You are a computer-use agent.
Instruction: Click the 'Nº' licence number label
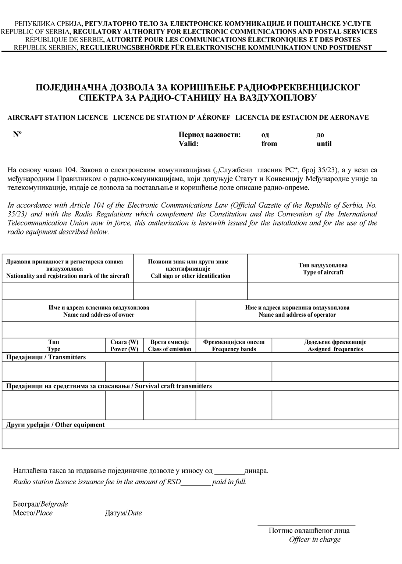pyautogui.click(x=17, y=134)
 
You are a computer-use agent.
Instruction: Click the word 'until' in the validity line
pyautogui.click(x=324, y=144)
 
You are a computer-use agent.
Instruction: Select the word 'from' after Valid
pyautogui.click(x=269, y=144)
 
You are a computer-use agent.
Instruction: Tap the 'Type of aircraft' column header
pyautogui.click(x=323, y=272)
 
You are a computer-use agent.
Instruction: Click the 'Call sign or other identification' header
pyautogui.click(x=191, y=276)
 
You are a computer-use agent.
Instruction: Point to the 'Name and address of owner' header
pyautogui.click(x=99, y=315)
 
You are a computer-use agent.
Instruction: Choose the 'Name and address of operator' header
pyautogui.click(x=297, y=315)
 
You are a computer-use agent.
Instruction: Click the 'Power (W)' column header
pyautogui.click(x=124, y=349)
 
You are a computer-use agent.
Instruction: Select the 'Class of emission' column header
pyautogui.click(x=170, y=349)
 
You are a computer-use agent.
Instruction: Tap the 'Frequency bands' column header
pyautogui.click(x=234, y=349)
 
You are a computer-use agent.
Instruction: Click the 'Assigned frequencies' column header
pyautogui.click(x=335, y=349)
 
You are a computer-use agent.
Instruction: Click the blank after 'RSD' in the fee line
pyautogui.click(x=196, y=482)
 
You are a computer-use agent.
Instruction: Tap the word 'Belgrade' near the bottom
pyautogui.click(x=54, y=504)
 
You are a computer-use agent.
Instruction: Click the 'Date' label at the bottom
pyautogui.click(x=134, y=513)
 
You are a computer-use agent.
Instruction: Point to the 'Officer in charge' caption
pyautogui.click(x=314, y=539)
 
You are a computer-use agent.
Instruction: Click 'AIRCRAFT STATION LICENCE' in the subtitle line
pyautogui.click(x=58, y=118)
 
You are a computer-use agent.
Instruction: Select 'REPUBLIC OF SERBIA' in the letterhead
pyautogui.click(x=36, y=32)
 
